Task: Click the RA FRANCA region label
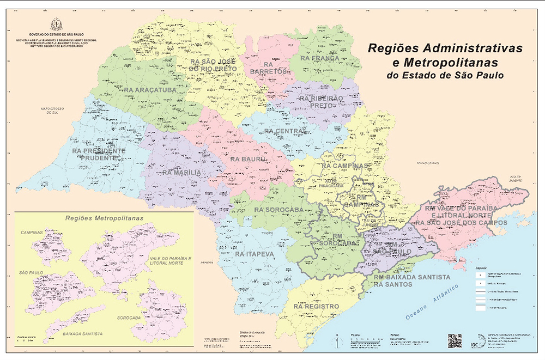[x=319, y=58]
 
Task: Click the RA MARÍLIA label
[x=182, y=173]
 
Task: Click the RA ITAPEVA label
[x=255, y=254]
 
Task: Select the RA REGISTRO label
[x=316, y=307]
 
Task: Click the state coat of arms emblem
[x=56, y=25]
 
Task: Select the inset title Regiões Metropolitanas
[x=104, y=217]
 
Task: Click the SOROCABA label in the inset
[x=129, y=316]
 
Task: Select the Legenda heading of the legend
[x=480, y=268]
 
